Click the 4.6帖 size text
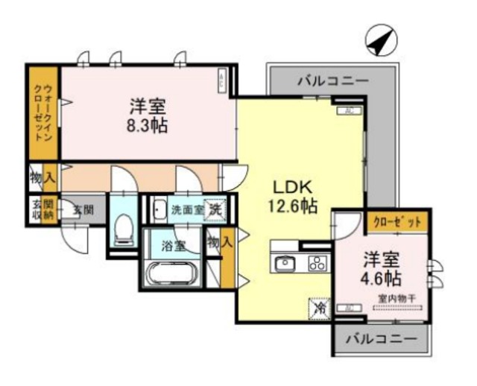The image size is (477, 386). (382, 279)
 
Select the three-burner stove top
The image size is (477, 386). (316, 263)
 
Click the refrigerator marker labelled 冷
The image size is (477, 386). (318, 307)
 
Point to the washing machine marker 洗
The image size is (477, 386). (215, 209)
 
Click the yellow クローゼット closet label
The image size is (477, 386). (397, 221)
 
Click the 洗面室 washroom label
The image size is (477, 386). (186, 210)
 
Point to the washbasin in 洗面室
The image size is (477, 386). (159, 210)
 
